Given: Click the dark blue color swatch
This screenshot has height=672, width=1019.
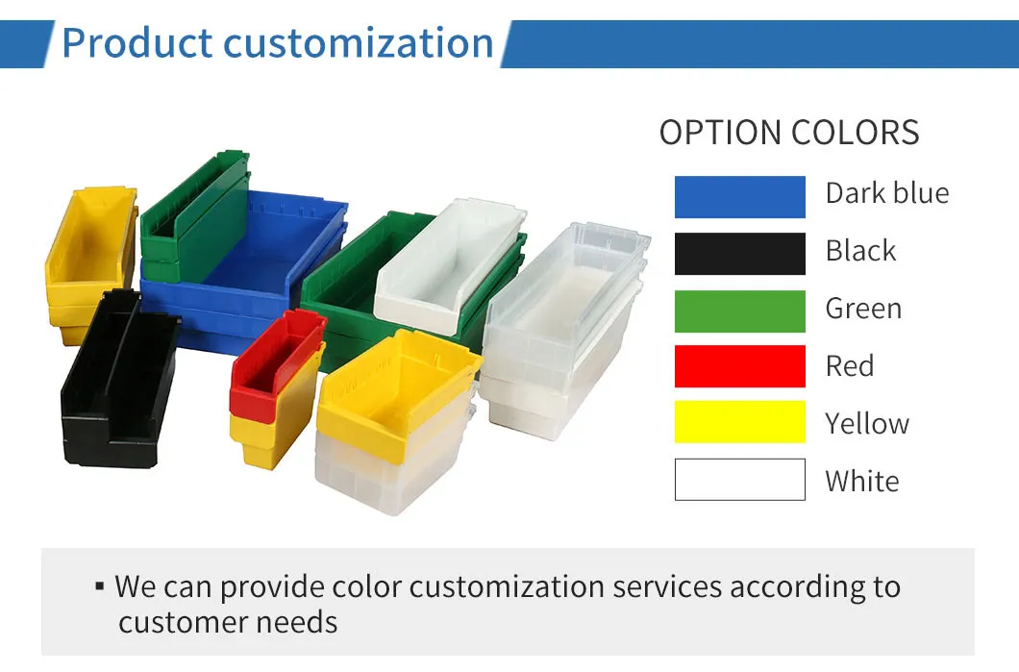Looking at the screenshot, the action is tap(739, 197).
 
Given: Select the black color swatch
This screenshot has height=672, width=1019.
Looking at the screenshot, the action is tap(739, 254).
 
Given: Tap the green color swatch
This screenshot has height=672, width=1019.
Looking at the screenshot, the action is tap(739, 311).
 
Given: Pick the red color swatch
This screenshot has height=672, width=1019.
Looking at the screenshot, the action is tap(739, 366).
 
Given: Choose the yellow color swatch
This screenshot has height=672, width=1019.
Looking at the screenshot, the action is tap(739, 422).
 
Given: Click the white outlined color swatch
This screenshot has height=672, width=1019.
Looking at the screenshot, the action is tap(739, 480).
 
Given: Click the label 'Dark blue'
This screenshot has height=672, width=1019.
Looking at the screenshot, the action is tap(887, 193).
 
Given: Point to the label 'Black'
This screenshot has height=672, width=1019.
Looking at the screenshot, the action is tap(860, 250).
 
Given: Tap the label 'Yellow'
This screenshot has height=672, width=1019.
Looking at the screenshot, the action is tap(867, 424).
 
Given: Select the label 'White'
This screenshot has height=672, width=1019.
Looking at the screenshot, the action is tap(862, 482).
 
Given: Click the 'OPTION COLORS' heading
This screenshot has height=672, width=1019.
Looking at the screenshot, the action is tap(789, 133).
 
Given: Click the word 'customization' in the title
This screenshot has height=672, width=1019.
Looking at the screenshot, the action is tap(358, 43).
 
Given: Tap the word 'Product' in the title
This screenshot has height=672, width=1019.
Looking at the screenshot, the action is tap(137, 43).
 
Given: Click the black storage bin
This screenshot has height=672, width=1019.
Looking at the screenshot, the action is tap(119, 380).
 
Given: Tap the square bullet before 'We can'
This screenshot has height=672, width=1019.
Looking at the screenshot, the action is tap(99, 586).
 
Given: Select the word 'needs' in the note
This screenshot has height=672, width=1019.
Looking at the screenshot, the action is tap(296, 623).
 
